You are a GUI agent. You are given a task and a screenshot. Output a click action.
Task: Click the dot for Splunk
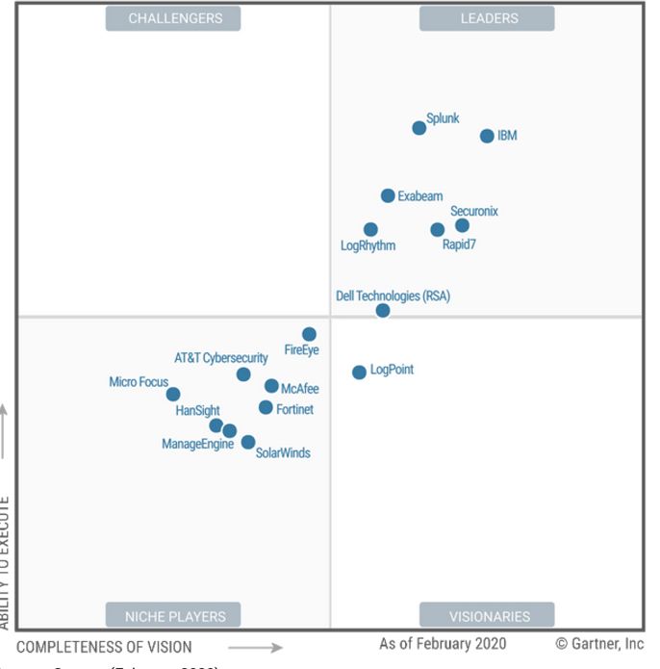pos(419,128)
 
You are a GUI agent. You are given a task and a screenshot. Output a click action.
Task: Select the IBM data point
pos(487,137)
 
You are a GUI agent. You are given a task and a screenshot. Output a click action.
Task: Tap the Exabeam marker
pos(388,196)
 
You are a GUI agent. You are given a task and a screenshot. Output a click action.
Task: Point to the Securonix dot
pos(463,226)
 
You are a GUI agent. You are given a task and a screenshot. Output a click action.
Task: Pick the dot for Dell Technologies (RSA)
pos(383,311)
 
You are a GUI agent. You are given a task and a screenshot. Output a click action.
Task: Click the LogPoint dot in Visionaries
pos(359,373)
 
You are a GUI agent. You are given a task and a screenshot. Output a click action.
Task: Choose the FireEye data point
pos(309,335)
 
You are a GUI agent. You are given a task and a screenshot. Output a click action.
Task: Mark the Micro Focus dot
pos(173,395)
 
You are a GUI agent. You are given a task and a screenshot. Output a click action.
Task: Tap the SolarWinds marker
pos(248,443)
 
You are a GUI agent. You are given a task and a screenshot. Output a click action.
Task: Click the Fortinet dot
pos(266,408)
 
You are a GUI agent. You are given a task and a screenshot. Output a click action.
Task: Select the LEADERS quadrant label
pos(487,18)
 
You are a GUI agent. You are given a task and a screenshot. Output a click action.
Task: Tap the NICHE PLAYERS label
pos(173,616)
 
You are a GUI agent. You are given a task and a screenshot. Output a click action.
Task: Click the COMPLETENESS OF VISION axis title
pos(104,648)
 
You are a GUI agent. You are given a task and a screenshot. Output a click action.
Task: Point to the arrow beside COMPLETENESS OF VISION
pos(255,648)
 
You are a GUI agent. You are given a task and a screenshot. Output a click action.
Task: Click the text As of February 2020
pos(442,644)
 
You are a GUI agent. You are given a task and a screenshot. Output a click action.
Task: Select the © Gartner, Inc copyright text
pos(599,644)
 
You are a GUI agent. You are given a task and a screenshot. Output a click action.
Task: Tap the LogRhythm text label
pos(368,246)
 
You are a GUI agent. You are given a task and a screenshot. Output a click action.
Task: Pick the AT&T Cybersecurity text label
pos(221,359)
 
